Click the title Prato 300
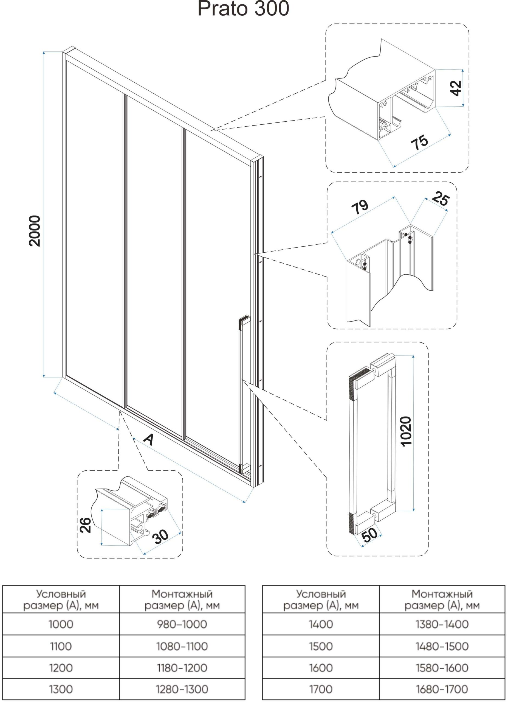(243, 9)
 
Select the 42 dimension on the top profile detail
(456, 88)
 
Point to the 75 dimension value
(419, 142)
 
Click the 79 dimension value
(360, 207)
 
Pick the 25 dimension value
(441, 199)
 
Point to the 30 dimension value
(161, 537)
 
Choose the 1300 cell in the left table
(61, 689)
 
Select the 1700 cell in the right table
(321, 689)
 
